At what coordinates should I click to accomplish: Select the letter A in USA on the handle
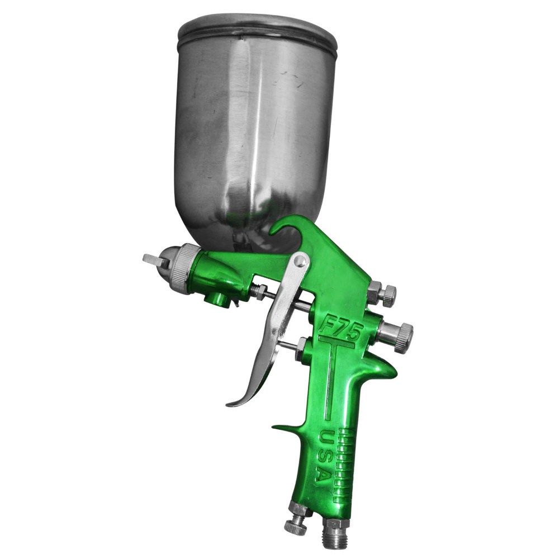tap(321, 474)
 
